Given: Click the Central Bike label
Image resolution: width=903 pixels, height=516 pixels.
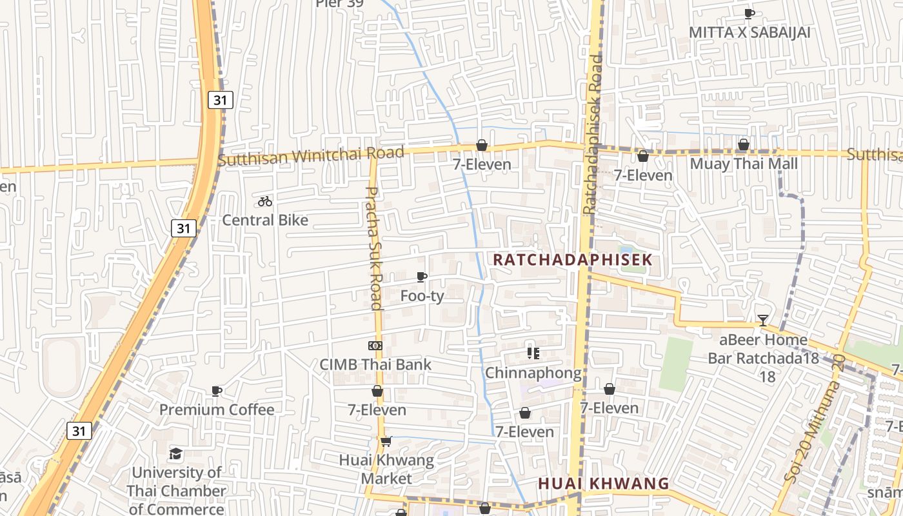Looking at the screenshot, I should [x=265, y=220].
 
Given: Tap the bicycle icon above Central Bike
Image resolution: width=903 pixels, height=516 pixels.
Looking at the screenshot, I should [x=265, y=201].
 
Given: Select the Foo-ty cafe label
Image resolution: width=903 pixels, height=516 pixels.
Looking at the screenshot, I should [x=422, y=296].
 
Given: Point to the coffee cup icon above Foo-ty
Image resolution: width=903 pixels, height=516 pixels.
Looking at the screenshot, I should [x=422, y=277].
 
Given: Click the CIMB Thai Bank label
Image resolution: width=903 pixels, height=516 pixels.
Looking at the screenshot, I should [x=375, y=364].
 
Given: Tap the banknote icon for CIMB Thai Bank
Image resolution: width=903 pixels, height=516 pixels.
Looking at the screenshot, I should [x=375, y=346].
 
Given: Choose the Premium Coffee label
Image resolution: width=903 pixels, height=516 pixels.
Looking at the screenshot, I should [x=217, y=410].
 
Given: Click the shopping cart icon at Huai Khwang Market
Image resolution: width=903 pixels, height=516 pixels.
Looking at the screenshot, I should [x=386, y=442].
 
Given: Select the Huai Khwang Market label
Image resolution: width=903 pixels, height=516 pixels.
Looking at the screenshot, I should [x=386, y=470].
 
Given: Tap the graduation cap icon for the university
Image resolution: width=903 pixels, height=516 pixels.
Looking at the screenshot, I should [x=176, y=454].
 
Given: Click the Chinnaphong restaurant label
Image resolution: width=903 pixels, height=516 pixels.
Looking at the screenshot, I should [x=533, y=373].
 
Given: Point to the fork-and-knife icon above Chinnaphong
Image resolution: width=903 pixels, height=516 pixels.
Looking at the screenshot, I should [x=533, y=353].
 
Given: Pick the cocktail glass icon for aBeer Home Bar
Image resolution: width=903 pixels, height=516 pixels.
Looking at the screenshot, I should [x=763, y=320].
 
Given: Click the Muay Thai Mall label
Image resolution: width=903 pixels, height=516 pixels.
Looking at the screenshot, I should [x=744, y=164].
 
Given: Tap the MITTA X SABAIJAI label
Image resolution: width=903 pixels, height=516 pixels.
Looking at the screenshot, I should [x=749, y=32].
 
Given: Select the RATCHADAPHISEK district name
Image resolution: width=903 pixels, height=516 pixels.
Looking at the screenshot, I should [x=573, y=260].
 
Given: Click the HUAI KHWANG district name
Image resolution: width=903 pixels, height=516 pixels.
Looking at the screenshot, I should [x=604, y=484].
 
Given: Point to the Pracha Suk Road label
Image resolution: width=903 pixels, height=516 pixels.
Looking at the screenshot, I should [x=374, y=248].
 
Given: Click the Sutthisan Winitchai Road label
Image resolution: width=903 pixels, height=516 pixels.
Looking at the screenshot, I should [x=311, y=155].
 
